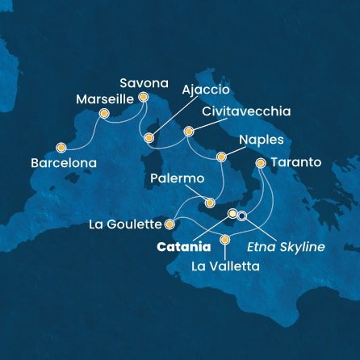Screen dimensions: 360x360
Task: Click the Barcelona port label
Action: (x=63, y=162)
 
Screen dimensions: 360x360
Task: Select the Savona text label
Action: (x=143, y=82)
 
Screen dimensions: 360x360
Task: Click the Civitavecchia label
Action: (x=235, y=111)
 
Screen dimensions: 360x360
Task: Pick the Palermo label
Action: (x=177, y=177)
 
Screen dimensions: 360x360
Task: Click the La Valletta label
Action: (x=225, y=264)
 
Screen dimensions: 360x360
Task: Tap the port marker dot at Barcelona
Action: (x=61, y=147)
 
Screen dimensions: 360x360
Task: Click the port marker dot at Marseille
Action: (x=104, y=114)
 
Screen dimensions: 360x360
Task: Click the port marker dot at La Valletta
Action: (x=225, y=240)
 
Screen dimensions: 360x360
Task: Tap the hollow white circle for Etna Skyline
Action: (x=241, y=216)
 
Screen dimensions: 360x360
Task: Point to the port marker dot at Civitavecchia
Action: (x=189, y=131)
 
